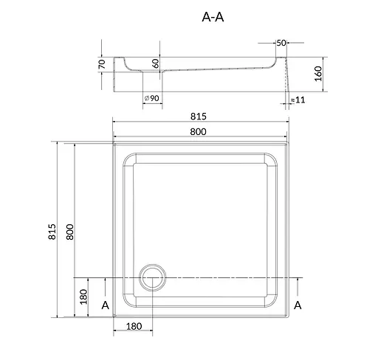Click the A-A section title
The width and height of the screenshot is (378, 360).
(213, 17)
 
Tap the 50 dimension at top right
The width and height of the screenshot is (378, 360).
(281, 43)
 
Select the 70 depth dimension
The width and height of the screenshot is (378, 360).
(102, 64)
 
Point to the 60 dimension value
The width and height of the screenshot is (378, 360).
(156, 63)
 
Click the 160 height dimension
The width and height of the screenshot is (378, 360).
(318, 74)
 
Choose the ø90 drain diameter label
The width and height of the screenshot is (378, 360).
(152, 98)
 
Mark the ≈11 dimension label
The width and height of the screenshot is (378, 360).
(298, 100)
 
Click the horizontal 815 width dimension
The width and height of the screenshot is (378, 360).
(199, 117)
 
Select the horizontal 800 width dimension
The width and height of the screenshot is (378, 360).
(198, 132)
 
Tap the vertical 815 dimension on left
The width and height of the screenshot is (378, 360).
(52, 232)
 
